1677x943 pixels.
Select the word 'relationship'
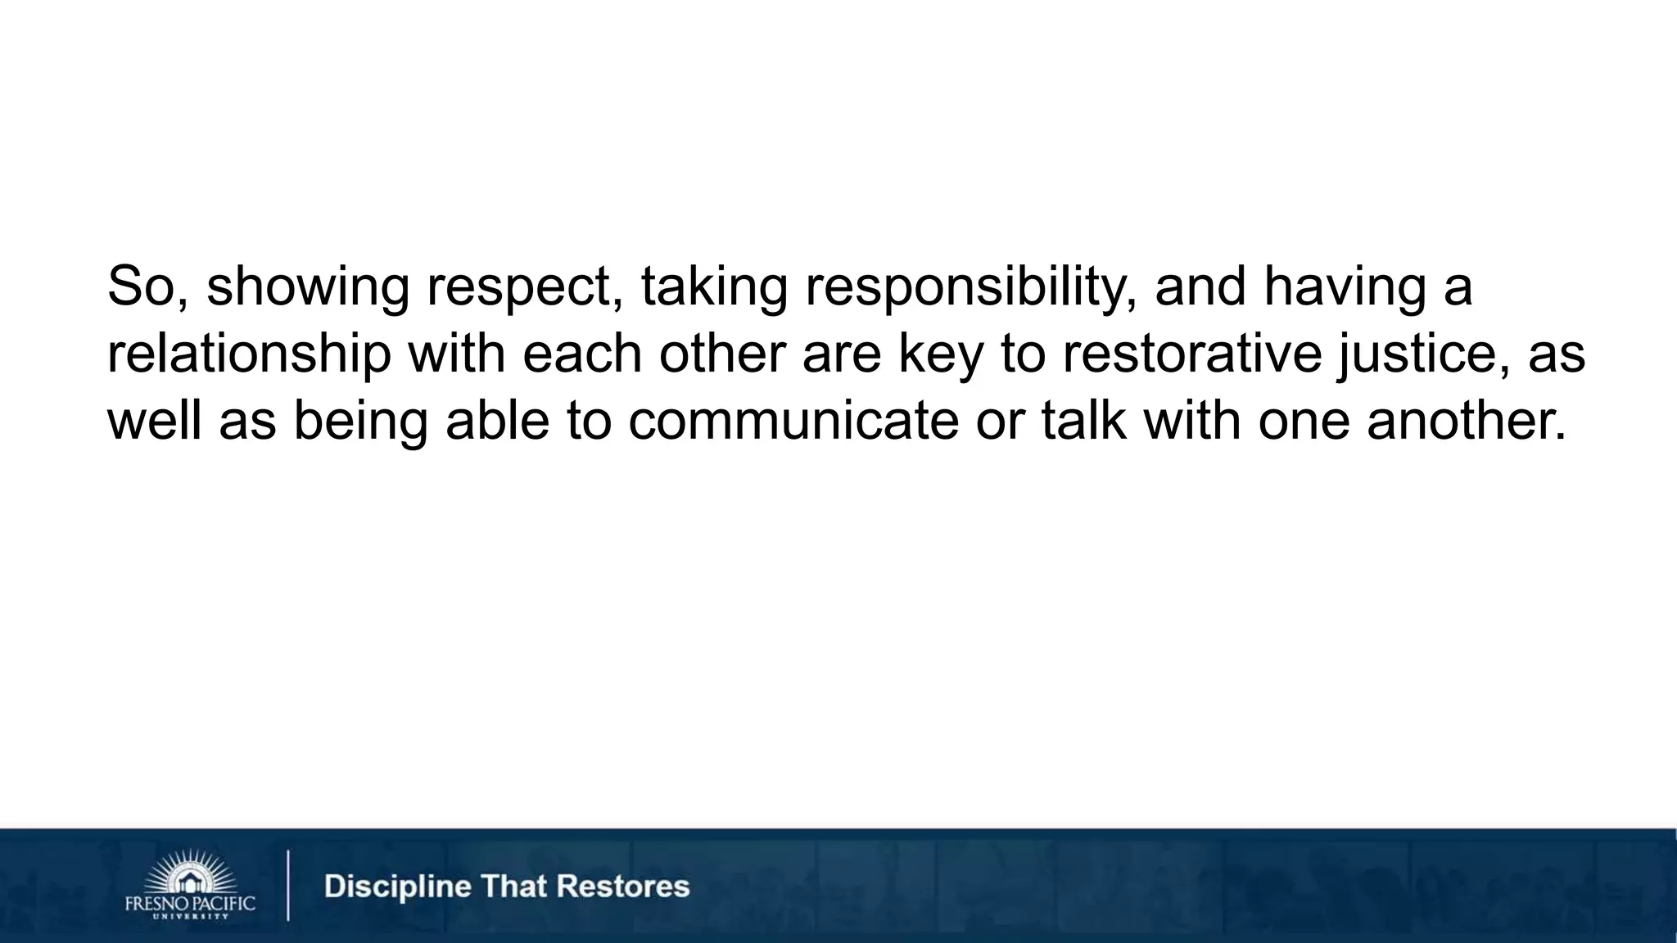249,354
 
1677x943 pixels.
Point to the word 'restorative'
1191,354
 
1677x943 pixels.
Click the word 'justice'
1423,354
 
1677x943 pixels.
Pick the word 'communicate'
793,421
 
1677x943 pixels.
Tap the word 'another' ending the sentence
1466,421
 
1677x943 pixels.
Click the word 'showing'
307,287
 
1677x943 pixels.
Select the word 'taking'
713,287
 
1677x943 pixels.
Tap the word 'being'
360,421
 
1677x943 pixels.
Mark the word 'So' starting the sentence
142,287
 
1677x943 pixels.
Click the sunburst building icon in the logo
190,873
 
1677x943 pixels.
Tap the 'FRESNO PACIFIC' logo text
190,904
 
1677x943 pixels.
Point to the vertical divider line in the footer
288,886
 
